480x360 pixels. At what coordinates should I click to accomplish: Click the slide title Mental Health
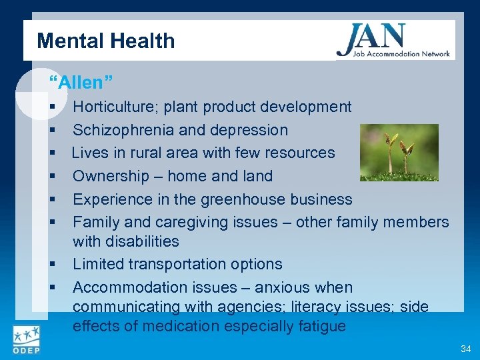[x=106, y=41]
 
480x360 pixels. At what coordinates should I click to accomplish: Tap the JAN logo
[x=393, y=41]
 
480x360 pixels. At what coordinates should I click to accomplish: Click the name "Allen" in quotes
[x=81, y=83]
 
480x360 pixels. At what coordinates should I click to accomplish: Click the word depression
[x=249, y=130]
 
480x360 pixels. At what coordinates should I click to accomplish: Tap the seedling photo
[x=399, y=152]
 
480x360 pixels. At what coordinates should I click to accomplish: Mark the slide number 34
[x=465, y=349]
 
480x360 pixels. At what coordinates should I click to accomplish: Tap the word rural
[x=137, y=153]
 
